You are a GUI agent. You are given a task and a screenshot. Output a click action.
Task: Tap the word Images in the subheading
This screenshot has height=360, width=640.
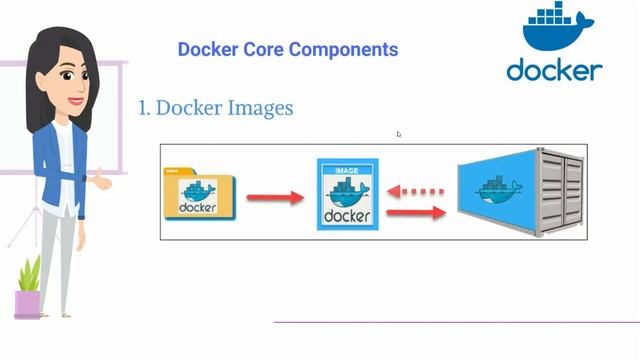[x=259, y=107]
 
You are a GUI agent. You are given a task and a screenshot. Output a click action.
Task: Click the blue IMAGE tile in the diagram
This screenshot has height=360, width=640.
[x=346, y=193]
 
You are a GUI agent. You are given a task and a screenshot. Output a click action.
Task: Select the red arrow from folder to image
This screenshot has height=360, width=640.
[x=274, y=197]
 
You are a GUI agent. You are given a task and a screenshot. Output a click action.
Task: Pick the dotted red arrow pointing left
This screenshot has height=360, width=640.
[x=417, y=187]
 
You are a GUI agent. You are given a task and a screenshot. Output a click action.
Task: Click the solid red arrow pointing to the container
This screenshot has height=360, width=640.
[x=417, y=212]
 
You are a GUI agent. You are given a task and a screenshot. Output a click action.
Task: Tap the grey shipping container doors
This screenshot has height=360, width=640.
[x=563, y=191]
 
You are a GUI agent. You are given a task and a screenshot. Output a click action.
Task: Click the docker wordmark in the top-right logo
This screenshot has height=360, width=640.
[x=554, y=70]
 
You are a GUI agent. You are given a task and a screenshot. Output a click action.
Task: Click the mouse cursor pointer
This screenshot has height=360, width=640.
[x=399, y=134]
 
